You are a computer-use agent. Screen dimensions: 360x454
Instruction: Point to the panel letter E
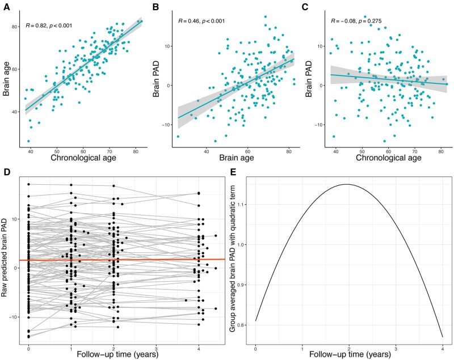pyautogui.click(x=233, y=172)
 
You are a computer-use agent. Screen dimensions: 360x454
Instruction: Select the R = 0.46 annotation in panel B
pyautogui.click(x=202, y=22)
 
